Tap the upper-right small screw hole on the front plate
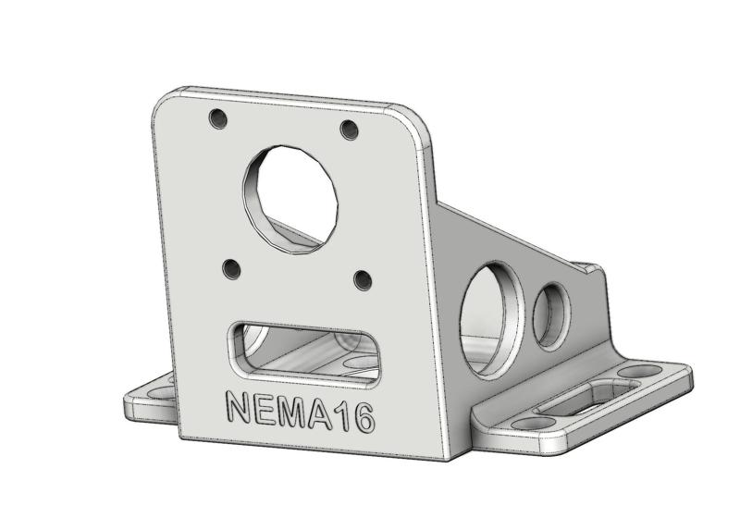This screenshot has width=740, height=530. (349, 130)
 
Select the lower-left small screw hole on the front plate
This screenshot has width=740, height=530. (231, 269)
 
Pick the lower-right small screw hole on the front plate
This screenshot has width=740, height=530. (363, 278)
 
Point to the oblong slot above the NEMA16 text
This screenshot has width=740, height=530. (304, 351)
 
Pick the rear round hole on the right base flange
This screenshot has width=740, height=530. (633, 372)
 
